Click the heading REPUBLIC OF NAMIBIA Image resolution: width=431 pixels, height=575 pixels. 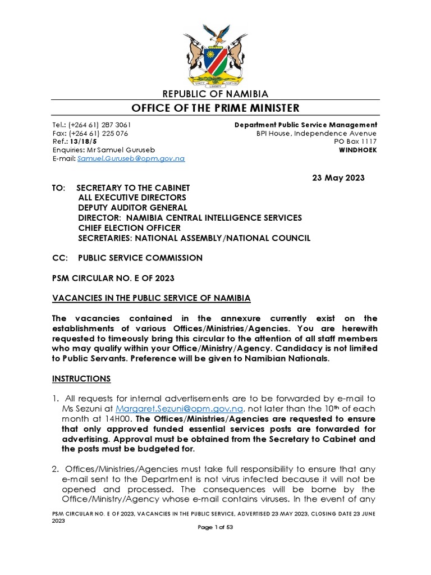[215, 94]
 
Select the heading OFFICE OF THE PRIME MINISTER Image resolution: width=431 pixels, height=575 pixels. [215, 108]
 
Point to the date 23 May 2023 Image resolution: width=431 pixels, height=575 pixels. [338, 178]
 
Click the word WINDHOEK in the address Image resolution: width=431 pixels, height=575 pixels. [358, 150]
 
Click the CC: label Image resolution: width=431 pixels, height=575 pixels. [59, 258]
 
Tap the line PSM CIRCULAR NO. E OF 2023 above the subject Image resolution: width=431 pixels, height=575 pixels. [113, 278]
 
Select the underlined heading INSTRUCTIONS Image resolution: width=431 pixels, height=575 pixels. [81, 379]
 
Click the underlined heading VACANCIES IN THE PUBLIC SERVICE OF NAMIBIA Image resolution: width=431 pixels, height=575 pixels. [152, 298]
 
